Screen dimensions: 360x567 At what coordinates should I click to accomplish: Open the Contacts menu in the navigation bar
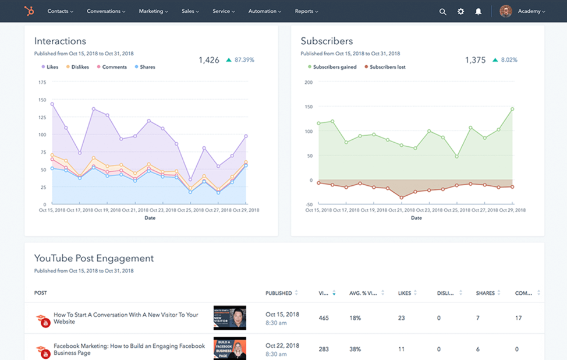click(60, 11)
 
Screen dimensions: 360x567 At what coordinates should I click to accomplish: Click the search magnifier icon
click(443, 11)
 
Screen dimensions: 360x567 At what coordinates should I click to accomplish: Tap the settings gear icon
click(461, 11)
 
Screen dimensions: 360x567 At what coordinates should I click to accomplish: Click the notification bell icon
click(479, 11)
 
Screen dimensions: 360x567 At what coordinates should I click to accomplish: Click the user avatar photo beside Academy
click(505, 11)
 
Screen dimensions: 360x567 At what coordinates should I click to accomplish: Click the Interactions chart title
click(60, 41)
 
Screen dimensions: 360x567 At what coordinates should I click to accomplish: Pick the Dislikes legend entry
click(77, 67)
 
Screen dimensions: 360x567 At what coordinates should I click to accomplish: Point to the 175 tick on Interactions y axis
click(42, 82)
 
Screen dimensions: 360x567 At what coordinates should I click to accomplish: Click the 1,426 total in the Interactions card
click(209, 60)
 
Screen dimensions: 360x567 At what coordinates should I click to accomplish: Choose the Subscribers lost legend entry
click(385, 67)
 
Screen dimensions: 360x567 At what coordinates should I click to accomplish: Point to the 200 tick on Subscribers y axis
click(309, 82)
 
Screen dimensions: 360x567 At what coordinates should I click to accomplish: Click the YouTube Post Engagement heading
click(94, 259)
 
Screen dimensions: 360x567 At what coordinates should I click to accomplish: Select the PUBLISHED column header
click(279, 293)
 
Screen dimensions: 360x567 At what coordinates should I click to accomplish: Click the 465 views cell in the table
click(324, 318)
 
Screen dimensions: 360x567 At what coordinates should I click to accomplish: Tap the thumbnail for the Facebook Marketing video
click(229, 348)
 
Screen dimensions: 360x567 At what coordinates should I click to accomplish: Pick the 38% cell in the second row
click(355, 349)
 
